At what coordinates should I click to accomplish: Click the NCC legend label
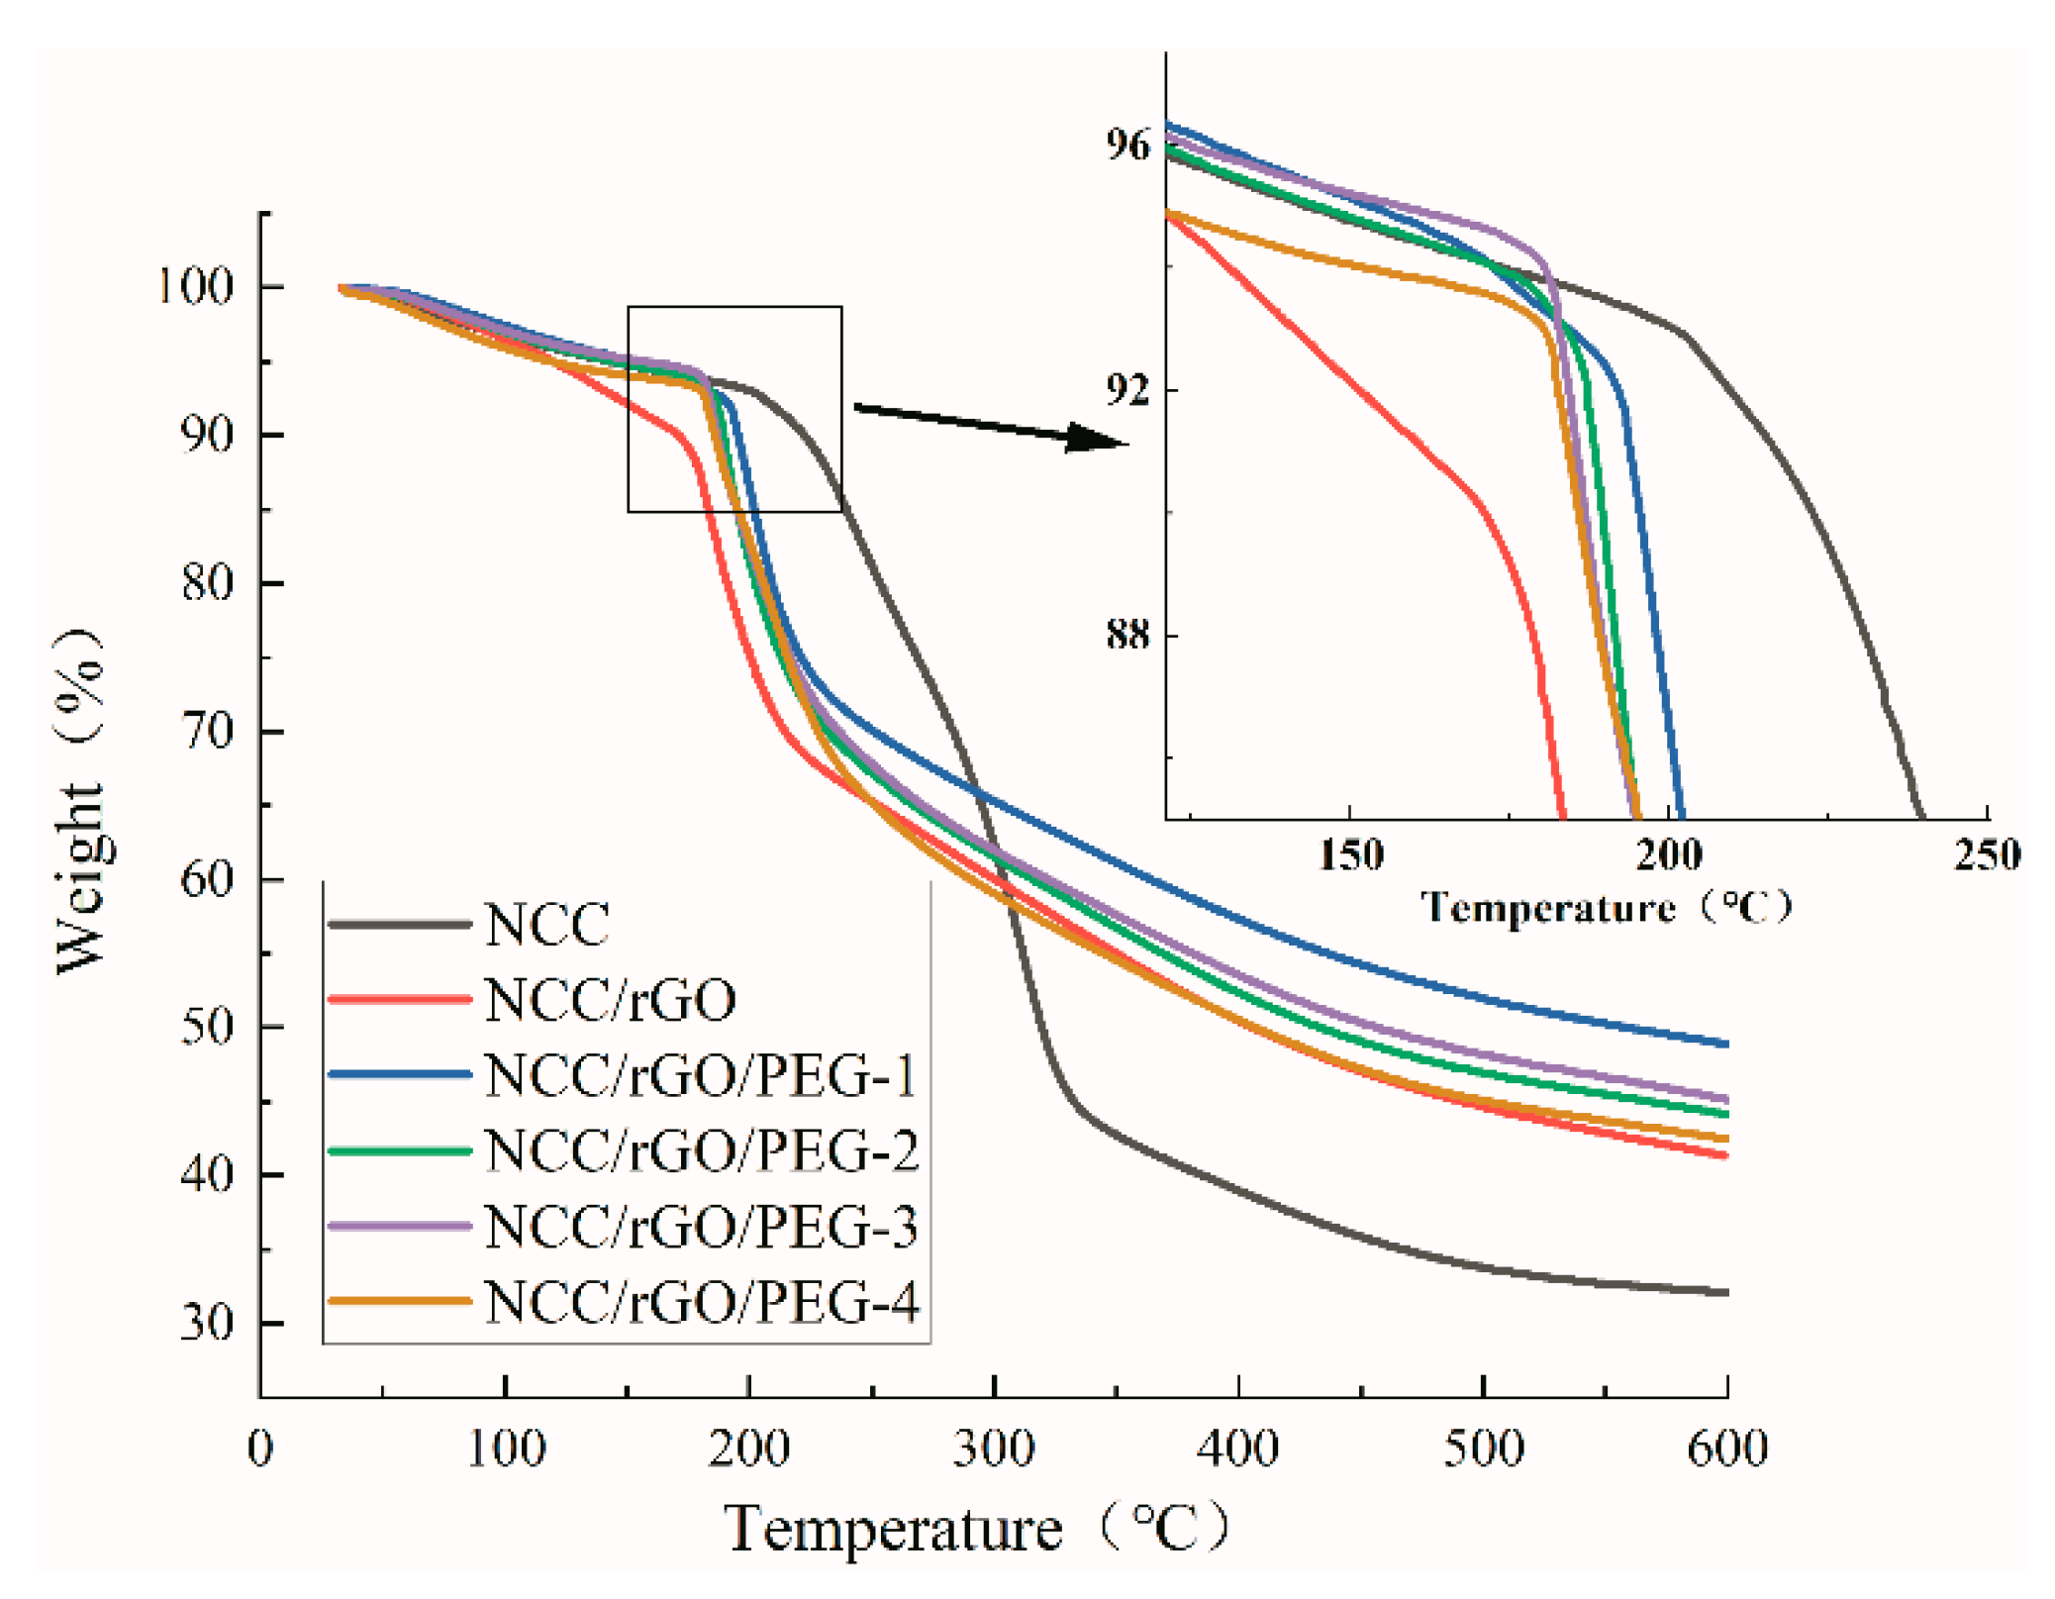click(x=546, y=925)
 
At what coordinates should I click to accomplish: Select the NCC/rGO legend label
click(x=610, y=1000)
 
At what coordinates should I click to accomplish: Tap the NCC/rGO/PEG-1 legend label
click(x=701, y=1075)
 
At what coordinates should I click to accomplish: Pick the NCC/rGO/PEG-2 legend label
click(x=702, y=1150)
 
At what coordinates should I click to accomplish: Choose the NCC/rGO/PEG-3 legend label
click(x=702, y=1227)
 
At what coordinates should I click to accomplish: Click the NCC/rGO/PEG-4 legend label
click(x=702, y=1302)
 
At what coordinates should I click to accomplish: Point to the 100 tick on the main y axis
click(x=196, y=287)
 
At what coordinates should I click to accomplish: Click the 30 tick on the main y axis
click(x=206, y=1323)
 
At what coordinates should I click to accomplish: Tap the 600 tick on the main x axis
click(x=1726, y=1449)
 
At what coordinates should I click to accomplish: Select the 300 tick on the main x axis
click(x=993, y=1449)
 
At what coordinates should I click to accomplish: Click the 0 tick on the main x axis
click(x=260, y=1449)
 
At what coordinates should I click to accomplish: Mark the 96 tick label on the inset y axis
click(x=1128, y=146)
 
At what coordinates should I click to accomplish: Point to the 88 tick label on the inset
click(x=1128, y=634)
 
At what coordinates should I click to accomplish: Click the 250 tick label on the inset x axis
click(x=1986, y=854)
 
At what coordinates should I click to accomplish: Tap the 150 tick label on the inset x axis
click(x=1350, y=854)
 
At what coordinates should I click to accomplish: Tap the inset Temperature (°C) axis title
click(x=1605, y=907)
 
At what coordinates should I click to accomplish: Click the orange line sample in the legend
click(x=399, y=1301)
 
